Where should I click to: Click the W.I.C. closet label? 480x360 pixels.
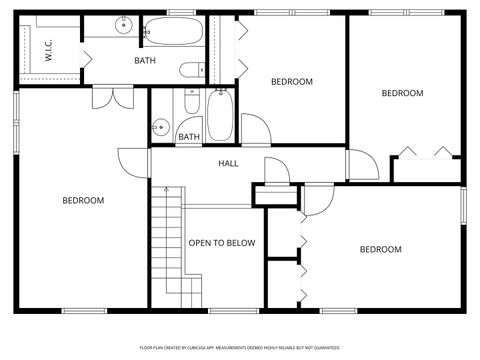pyautogui.click(x=47, y=49)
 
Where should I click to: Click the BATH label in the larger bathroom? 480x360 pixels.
pyautogui.click(x=145, y=61)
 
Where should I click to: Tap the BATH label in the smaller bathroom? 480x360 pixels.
pyautogui.click(x=188, y=137)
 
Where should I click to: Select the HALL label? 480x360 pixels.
pyautogui.click(x=228, y=163)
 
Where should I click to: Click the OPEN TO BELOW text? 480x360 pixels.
pyautogui.click(x=222, y=243)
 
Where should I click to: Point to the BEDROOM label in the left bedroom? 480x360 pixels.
pyautogui.click(x=83, y=200)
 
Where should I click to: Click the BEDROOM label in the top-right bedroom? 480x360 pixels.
pyautogui.click(x=402, y=93)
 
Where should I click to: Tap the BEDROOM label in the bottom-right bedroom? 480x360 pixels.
pyautogui.click(x=380, y=249)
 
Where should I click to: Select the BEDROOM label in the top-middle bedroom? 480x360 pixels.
pyautogui.click(x=292, y=82)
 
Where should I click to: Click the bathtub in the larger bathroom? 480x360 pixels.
pyautogui.click(x=173, y=33)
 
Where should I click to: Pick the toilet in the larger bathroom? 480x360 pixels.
pyautogui.click(x=192, y=70)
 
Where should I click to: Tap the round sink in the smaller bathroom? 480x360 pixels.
pyautogui.click(x=159, y=127)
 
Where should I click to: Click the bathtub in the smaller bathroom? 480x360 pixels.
pyautogui.click(x=220, y=115)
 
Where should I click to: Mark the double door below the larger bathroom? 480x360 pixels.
pyautogui.click(x=111, y=98)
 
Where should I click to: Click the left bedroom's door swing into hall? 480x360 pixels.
pyautogui.click(x=132, y=161)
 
